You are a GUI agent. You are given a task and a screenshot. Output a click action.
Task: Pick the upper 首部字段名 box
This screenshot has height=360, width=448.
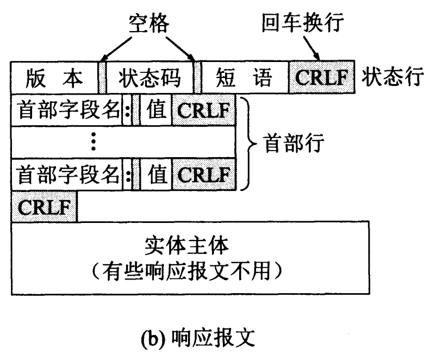pyautogui.click(x=66, y=111)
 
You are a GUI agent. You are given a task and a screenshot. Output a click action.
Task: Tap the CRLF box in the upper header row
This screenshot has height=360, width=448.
pyautogui.click(x=204, y=111)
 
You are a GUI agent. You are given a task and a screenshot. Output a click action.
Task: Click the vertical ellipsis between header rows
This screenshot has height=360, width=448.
pyautogui.click(x=94, y=143)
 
